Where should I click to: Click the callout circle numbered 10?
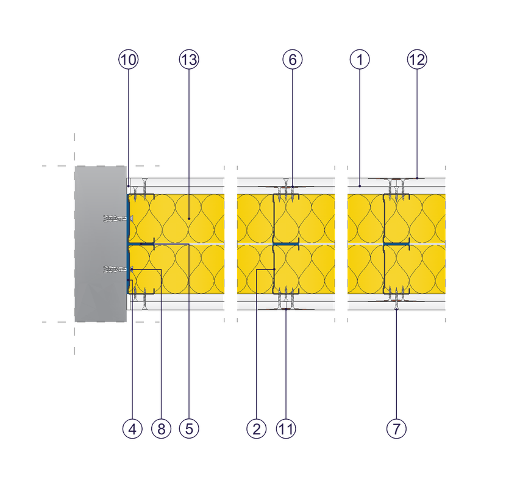tap(129, 59)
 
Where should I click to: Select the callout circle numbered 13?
tap(189, 59)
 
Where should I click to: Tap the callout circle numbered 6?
tap(293, 59)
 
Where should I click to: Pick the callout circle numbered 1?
tap(360, 59)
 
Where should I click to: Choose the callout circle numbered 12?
tap(418, 59)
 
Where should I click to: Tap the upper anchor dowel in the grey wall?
tap(113, 218)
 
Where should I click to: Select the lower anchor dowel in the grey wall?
tap(113, 269)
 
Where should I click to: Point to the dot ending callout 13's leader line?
tap(189, 218)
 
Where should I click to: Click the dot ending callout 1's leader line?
tap(360, 184)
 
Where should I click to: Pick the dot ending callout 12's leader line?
tap(418, 178)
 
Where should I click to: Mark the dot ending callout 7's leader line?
tap(396, 309)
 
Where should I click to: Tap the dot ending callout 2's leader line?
tap(274, 270)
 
